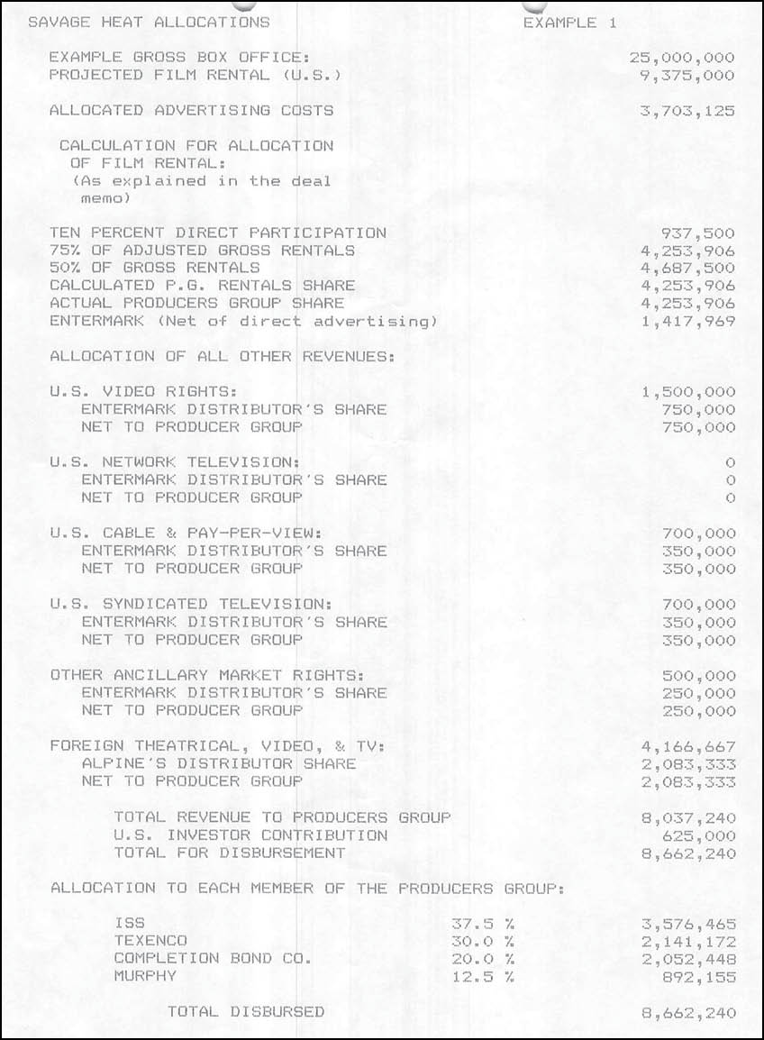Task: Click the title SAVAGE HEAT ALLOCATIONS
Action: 149,23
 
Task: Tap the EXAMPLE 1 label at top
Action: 569,23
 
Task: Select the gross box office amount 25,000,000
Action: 682,58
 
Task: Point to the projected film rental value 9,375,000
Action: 687,76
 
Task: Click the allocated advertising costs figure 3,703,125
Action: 687,112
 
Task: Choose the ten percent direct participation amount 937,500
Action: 697,233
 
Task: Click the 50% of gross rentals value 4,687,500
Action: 687,269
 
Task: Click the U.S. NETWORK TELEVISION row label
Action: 175,462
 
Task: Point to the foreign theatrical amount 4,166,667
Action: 687,747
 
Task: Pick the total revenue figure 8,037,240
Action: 687,819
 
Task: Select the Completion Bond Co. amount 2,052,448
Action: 687,959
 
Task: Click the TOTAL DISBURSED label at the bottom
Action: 246,1012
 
